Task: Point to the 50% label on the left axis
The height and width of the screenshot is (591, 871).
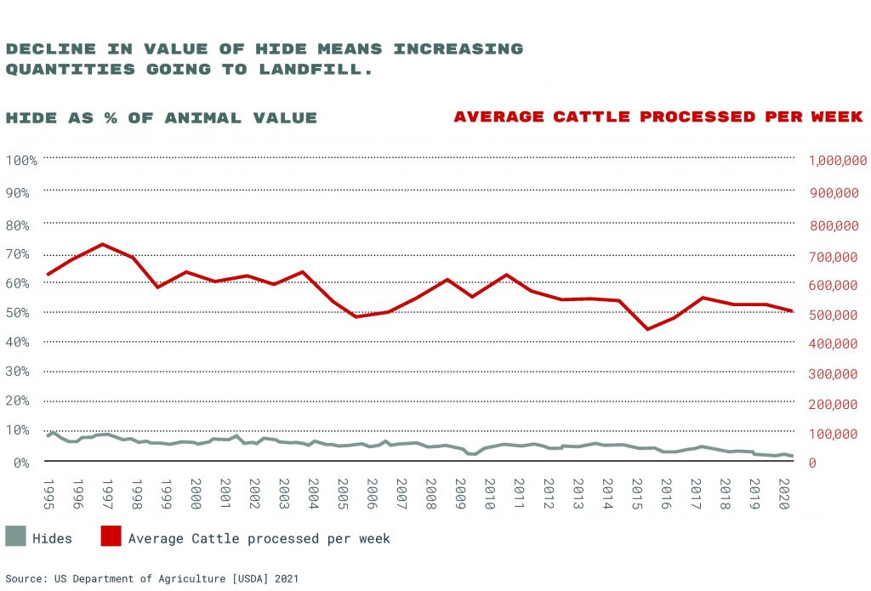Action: pos(19,312)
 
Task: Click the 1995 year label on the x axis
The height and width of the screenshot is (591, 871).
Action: pos(48,493)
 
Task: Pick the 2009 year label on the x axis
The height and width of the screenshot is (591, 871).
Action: pos(460,493)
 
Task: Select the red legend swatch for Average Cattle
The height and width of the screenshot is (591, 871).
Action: pos(111,537)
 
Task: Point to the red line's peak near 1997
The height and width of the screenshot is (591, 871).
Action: pos(102,244)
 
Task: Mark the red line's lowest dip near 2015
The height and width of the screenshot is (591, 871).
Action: pos(647,329)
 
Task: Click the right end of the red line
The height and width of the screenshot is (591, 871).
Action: pos(793,311)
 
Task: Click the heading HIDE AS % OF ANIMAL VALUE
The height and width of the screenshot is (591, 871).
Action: pos(162,118)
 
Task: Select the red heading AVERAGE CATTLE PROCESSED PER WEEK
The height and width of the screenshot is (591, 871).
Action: pos(658,116)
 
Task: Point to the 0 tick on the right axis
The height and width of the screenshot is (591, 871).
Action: pos(812,463)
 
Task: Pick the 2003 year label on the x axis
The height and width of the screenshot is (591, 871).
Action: pos(283,493)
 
